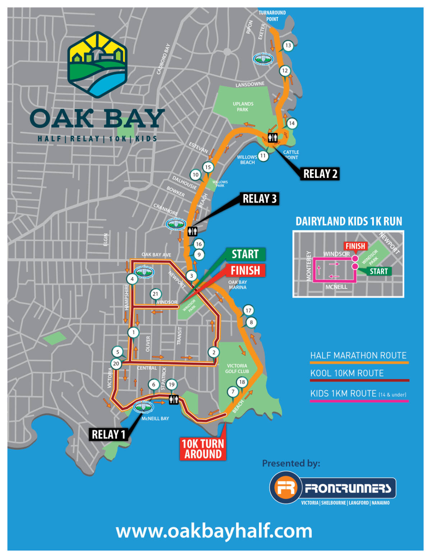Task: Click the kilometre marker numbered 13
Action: (288, 46)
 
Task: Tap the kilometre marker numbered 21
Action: (155, 294)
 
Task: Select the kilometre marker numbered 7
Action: (233, 392)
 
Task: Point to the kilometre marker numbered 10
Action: (195, 175)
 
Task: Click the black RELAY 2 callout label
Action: (320, 174)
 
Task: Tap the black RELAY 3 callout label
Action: (259, 199)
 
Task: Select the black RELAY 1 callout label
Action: (108, 434)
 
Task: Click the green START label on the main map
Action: (245, 254)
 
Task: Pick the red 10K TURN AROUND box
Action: (203, 449)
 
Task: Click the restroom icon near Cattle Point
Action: (273, 137)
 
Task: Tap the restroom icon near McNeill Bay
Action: (174, 400)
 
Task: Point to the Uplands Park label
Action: (243, 107)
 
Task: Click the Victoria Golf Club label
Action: (237, 368)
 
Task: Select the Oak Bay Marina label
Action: (237, 285)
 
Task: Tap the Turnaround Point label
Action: (272, 16)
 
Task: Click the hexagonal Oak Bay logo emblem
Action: (97, 65)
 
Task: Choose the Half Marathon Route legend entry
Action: (358, 356)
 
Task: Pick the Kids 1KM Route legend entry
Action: (358, 394)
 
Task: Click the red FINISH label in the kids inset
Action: (355, 246)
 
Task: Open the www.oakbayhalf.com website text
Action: (214, 531)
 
